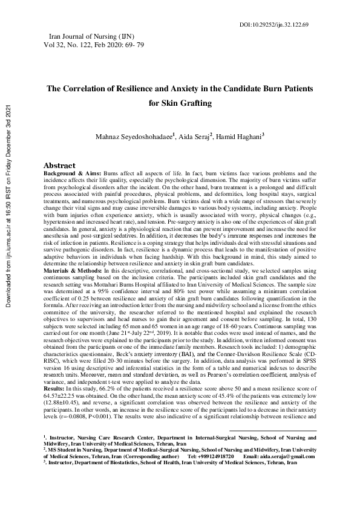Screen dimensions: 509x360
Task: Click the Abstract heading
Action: coord(59,165)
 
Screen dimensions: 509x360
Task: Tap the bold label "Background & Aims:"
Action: coord(71,173)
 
